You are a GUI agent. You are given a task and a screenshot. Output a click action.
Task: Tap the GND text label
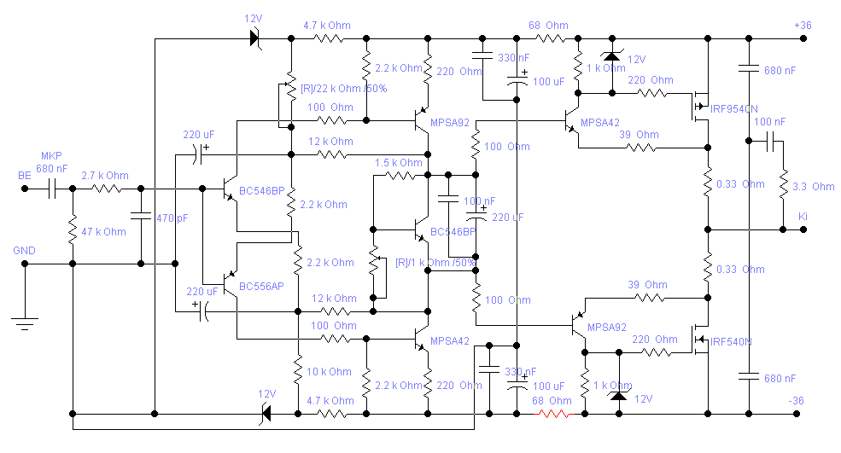pos(24,251)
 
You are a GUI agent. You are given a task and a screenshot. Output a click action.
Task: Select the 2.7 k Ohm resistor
pos(105,188)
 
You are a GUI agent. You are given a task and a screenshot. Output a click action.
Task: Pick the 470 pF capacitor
pos(140,218)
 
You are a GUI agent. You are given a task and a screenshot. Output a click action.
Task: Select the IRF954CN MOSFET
pos(703,107)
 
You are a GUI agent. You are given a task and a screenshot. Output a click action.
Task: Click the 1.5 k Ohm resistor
pos(398,175)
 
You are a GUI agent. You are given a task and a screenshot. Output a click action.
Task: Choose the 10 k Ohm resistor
pos(298,372)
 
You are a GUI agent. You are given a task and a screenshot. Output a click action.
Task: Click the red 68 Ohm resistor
pos(552,414)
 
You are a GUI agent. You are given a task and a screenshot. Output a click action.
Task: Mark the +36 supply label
pos(802,26)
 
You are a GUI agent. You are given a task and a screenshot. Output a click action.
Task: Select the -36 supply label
pos(796,401)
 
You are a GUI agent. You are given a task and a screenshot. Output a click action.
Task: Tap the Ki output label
pos(803,217)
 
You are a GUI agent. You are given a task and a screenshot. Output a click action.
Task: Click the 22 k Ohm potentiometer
pos(290,89)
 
